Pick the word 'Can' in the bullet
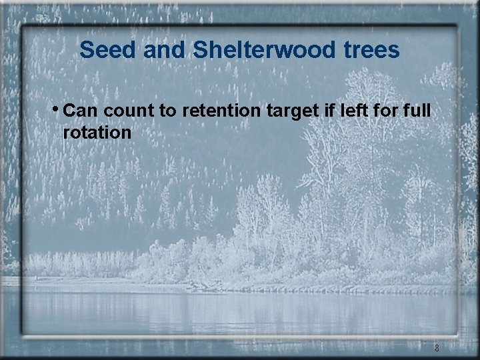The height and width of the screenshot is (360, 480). tap(82, 109)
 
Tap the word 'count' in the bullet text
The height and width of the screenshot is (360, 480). tap(129, 110)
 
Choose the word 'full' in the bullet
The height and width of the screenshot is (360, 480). tap(417, 109)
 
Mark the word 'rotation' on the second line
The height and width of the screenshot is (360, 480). tap(97, 132)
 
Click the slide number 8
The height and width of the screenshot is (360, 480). tap(437, 348)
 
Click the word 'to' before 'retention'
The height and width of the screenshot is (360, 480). tap(167, 110)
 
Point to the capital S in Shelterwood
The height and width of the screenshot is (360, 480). tap(199, 49)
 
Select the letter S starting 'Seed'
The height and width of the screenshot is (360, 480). tap(86, 49)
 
